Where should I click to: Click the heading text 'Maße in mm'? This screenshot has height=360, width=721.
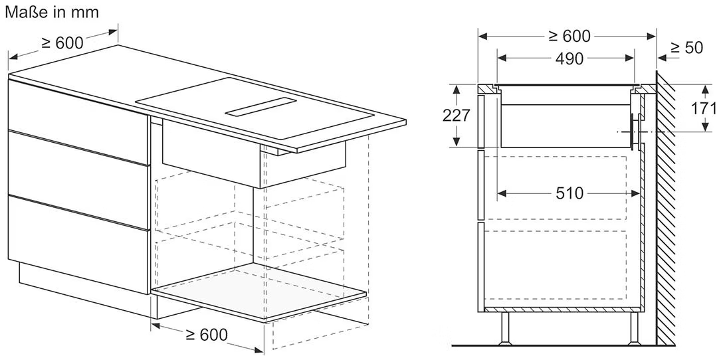(x=52, y=13)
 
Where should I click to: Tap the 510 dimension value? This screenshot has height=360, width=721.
(x=569, y=193)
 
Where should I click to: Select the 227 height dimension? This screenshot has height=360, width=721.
(x=456, y=115)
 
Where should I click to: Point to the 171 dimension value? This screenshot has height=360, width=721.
(x=704, y=108)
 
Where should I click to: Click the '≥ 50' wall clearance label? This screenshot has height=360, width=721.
(x=687, y=48)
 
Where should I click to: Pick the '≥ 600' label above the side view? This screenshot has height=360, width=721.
(x=569, y=35)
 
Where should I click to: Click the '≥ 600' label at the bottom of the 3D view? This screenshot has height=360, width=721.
(x=207, y=335)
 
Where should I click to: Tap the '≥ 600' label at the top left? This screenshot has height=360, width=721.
(x=62, y=43)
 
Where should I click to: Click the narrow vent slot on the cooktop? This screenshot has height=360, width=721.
(x=260, y=108)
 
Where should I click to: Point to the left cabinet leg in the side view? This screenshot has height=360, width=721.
(x=505, y=327)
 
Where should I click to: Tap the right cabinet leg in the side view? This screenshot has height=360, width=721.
(x=634, y=327)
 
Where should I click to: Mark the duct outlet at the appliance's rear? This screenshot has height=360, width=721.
(x=637, y=132)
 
